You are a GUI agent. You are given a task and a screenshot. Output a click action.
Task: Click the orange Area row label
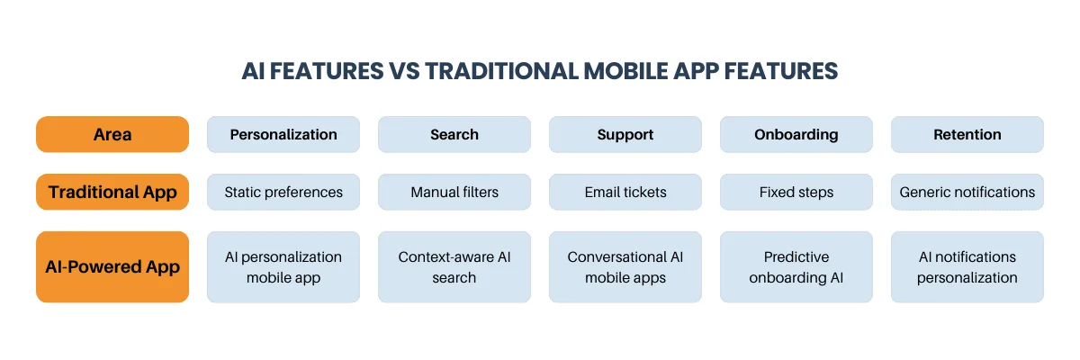point(112,134)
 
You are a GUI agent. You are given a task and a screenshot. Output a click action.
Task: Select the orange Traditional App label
point(112,192)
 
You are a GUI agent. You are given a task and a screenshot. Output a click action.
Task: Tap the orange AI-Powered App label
point(112,266)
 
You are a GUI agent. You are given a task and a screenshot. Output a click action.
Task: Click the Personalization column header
point(283,134)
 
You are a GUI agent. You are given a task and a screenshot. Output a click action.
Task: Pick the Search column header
point(454,134)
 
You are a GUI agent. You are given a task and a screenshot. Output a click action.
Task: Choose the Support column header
point(625,134)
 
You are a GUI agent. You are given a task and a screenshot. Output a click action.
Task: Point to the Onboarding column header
point(796,134)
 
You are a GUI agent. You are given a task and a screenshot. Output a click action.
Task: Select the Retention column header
point(967,134)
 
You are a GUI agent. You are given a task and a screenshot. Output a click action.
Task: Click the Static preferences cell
point(283,192)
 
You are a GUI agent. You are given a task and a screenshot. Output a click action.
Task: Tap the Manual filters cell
point(454,192)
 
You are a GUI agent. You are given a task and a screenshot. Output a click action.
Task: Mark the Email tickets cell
point(625,192)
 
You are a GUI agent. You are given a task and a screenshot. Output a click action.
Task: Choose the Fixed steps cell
point(796,192)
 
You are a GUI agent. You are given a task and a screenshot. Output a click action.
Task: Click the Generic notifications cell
point(967,192)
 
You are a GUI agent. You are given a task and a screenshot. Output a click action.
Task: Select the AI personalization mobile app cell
point(283,266)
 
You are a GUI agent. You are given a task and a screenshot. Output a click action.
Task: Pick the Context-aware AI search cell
point(454,266)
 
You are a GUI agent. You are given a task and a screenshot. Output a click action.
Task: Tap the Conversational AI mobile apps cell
point(625,266)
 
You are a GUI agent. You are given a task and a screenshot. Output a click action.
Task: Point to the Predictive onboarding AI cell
point(796,266)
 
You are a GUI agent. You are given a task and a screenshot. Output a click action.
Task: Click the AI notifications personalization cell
point(967,266)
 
